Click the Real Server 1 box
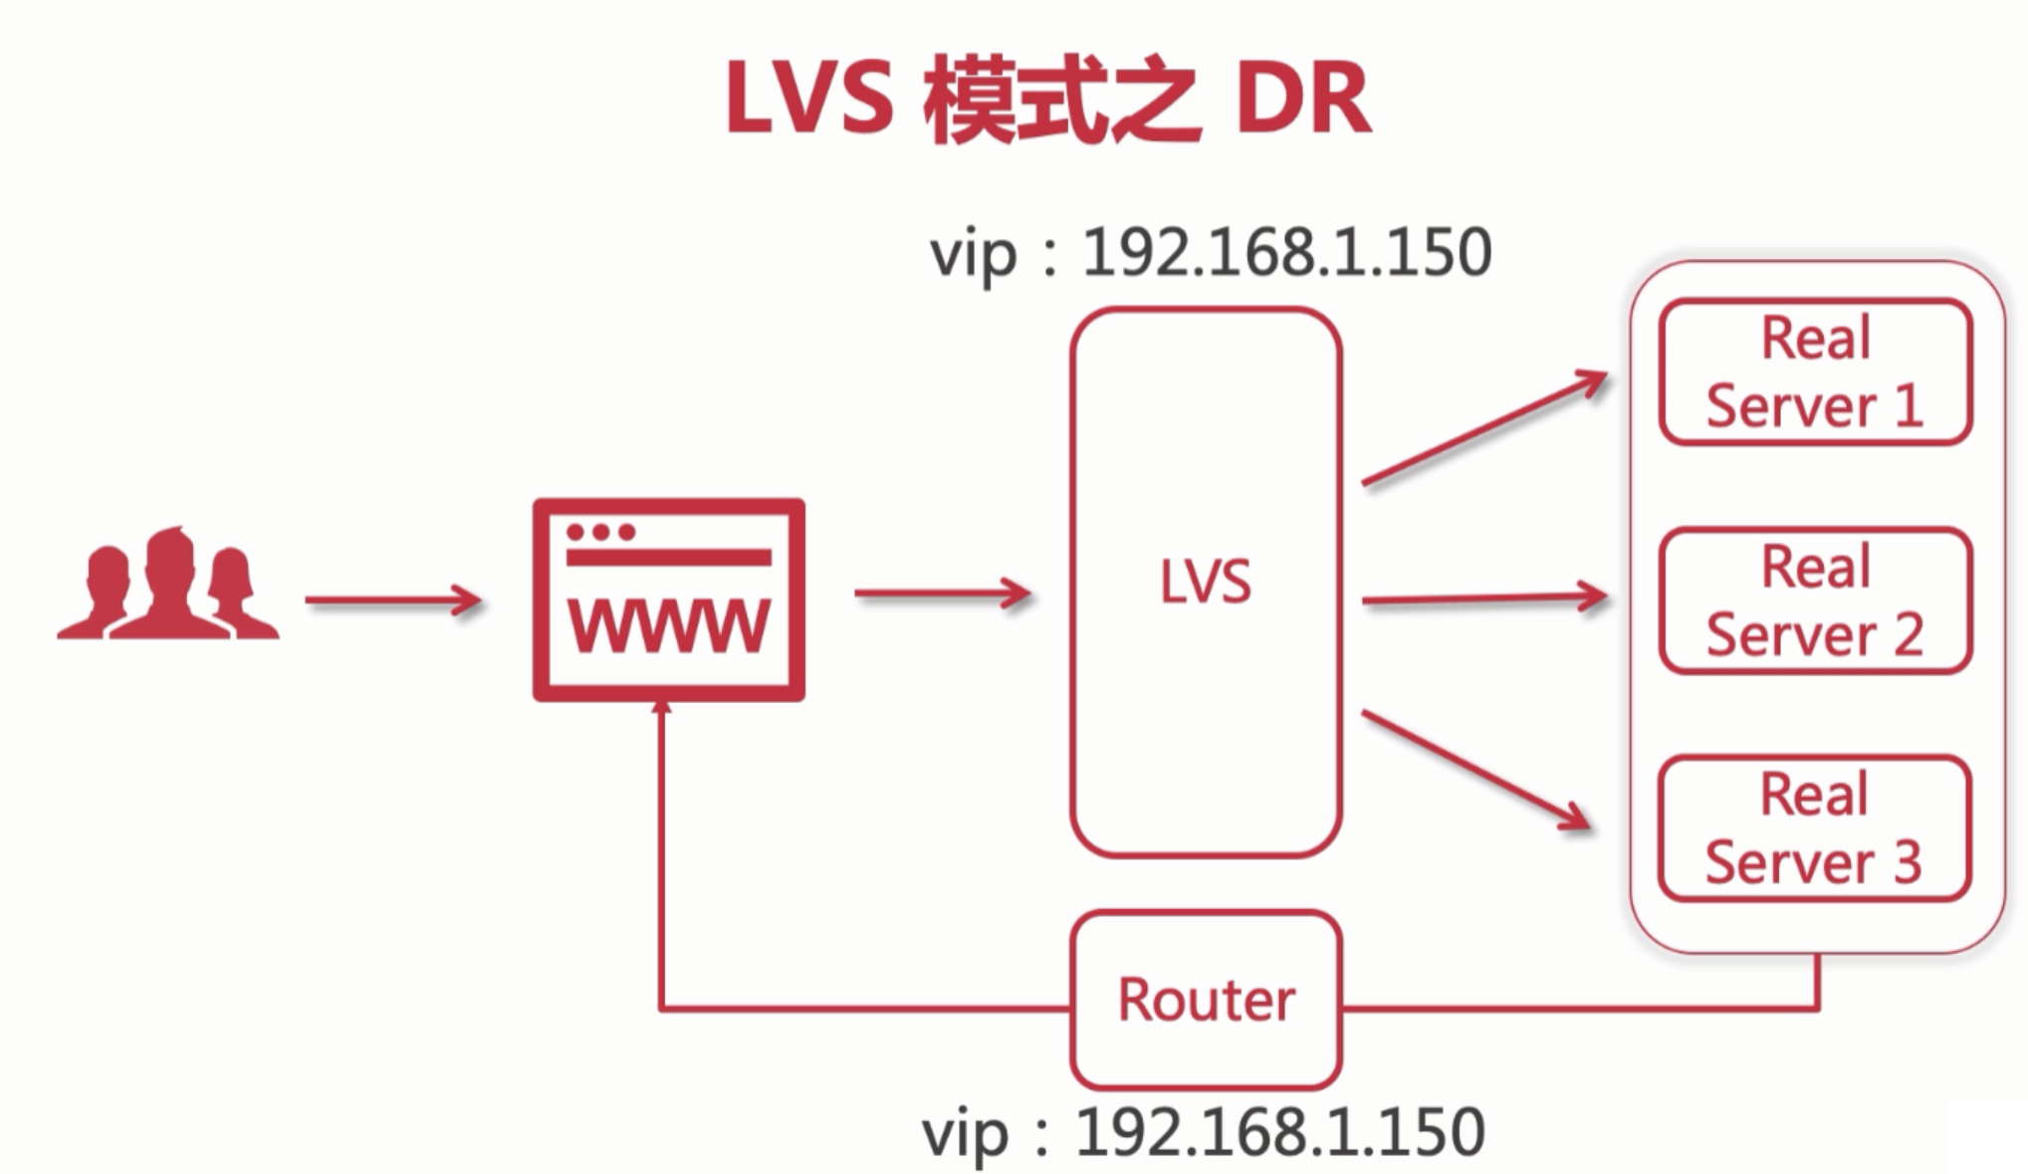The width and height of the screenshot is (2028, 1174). click(1815, 371)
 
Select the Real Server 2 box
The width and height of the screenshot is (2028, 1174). click(1815, 600)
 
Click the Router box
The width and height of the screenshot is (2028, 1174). click(1206, 1000)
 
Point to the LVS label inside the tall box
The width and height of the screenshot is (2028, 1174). click(1205, 583)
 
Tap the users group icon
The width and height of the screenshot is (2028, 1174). click(168, 587)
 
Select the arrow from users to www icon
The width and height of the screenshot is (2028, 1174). click(393, 600)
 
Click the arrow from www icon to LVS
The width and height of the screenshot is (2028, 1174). click(942, 593)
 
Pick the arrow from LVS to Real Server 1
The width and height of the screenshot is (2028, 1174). click(1483, 428)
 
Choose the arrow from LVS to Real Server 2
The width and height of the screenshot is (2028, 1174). click(1483, 599)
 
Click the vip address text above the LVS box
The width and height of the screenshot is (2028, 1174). click(1210, 253)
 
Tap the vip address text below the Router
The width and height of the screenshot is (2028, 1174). click(1203, 1133)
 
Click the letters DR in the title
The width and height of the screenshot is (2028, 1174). click(1303, 100)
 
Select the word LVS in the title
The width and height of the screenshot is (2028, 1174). click(809, 100)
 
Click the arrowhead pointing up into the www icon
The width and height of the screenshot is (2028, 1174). click(661, 707)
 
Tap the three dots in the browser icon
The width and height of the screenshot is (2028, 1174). click(600, 532)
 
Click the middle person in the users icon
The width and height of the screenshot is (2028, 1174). click(170, 583)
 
